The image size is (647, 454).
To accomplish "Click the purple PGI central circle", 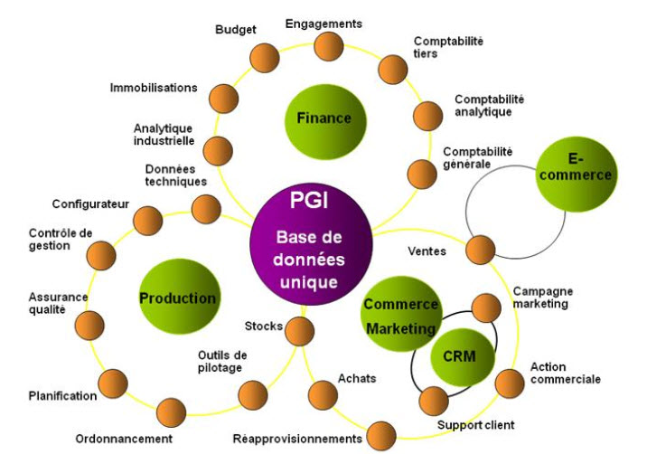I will [x=310, y=242].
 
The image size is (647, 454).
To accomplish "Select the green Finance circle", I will [x=323, y=118].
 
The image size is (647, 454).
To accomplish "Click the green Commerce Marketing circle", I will [x=400, y=316].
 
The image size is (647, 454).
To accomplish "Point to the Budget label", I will [x=235, y=30].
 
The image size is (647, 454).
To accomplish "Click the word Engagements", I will [x=323, y=24].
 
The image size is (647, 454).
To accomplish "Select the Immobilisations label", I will [x=154, y=88].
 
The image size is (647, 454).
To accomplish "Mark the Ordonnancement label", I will [x=124, y=439].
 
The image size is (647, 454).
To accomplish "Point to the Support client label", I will [x=476, y=425].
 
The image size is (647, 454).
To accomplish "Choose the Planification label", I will [x=62, y=396].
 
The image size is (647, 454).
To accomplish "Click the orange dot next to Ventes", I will [x=481, y=250].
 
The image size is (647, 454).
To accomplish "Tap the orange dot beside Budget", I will [x=264, y=57].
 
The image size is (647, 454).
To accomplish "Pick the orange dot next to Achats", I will [x=323, y=394].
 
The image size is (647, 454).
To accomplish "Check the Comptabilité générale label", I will [x=478, y=158].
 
